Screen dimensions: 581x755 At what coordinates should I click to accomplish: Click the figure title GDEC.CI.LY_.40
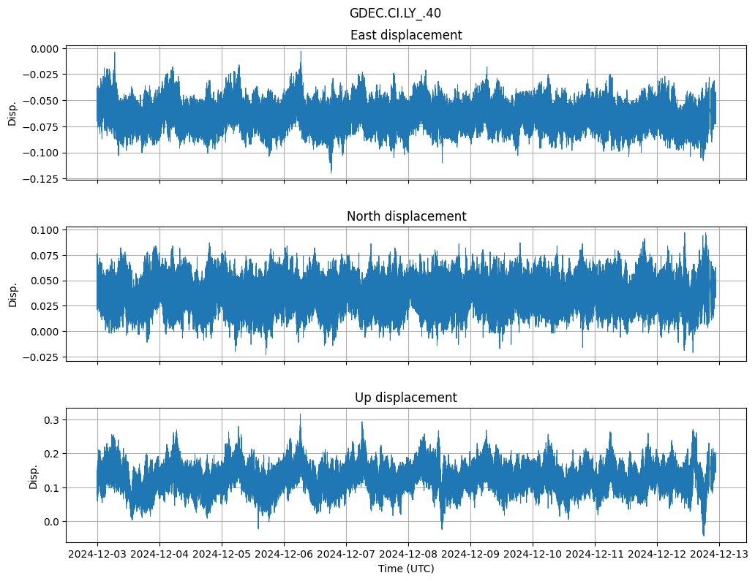(395, 13)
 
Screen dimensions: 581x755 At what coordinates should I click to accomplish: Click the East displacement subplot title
(406, 35)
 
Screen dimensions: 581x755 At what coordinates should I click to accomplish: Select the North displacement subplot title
(406, 216)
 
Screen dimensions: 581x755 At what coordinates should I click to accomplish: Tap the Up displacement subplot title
(406, 398)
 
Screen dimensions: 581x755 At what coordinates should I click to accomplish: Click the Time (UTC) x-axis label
(406, 569)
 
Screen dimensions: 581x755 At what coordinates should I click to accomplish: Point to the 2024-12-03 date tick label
(98, 555)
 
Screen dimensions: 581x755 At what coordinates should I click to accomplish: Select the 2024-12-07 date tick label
(346, 555)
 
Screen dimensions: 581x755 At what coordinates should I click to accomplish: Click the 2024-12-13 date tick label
(719, 555)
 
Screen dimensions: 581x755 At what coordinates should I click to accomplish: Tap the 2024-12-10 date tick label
(533, 555)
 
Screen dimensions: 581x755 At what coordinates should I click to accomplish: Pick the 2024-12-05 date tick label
(222, 555)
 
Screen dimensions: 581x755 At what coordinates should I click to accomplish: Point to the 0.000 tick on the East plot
(45, 49)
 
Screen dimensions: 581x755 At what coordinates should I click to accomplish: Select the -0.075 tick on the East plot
(43, 126)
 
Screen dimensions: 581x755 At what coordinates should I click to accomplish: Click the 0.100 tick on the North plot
(45, 230)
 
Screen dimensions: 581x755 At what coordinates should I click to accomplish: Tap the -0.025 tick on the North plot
(43, 357)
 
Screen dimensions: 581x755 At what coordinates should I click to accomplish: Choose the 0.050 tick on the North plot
(45, 281)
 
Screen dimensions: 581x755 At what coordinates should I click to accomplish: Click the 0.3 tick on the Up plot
(51, 419)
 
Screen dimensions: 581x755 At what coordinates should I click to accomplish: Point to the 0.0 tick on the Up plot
(51, 522)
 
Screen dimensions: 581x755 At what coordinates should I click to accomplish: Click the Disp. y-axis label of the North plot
(12, 294)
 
